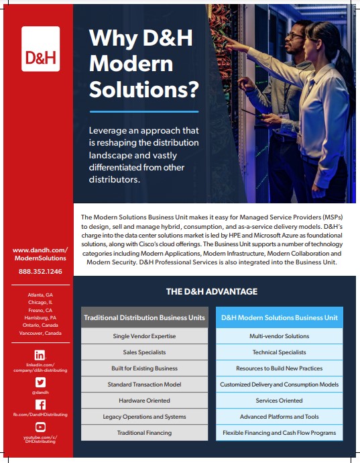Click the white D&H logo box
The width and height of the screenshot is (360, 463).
[x=40, y=49]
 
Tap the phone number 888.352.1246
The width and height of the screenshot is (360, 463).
[x=40, y=272]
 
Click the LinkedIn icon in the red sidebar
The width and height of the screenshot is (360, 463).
[x=40, y=355]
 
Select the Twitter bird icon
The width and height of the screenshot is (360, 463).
[x=40, y=381]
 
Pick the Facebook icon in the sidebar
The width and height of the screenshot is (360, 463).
[x=40, y=404]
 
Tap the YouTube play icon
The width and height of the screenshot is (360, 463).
[x=40, y=427]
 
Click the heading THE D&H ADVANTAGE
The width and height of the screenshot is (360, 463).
[x=212, y=292]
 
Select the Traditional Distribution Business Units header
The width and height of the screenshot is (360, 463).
[x=145, y=317]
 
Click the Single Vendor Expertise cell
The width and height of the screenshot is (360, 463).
[x=145, y=336]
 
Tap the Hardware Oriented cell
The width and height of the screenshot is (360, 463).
[x=145, y=401]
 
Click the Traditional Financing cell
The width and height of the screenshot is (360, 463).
[x=145, y=433]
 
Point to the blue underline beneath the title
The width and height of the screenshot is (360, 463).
[x=143, y=111]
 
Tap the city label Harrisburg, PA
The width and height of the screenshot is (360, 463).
[x=40, y=317]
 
